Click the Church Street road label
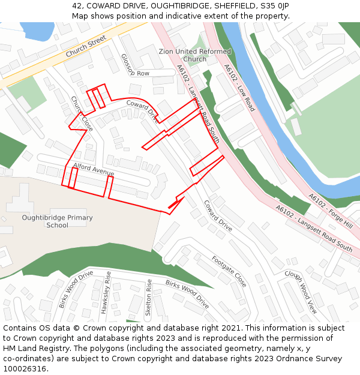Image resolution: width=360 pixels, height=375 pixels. coord(86,46)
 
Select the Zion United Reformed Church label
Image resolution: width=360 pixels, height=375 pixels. coord(194,55)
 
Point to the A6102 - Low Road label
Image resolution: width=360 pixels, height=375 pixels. coord(239,88)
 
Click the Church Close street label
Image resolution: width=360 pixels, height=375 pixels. coord(82,113)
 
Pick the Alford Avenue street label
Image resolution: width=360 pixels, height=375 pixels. coord(94,169)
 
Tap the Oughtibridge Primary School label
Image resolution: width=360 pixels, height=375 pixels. coord(57,221)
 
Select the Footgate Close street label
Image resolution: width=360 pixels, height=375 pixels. coord(229,271)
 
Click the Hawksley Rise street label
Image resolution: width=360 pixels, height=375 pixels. coord(106,292)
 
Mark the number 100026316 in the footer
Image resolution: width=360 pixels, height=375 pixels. coord(26,368)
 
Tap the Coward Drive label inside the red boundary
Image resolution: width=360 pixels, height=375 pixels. coord(142,110)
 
